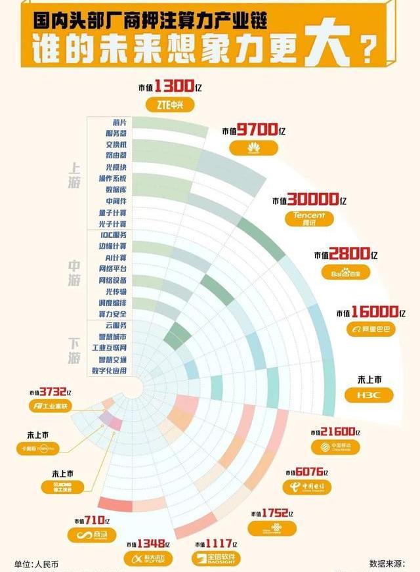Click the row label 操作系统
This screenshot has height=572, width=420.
coord(112,179)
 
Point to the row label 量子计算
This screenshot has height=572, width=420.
coord(112,213)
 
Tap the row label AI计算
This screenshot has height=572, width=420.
coord(115,257)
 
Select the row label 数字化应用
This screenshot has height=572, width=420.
coord(110,370)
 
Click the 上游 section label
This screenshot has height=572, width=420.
coord(74,175)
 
